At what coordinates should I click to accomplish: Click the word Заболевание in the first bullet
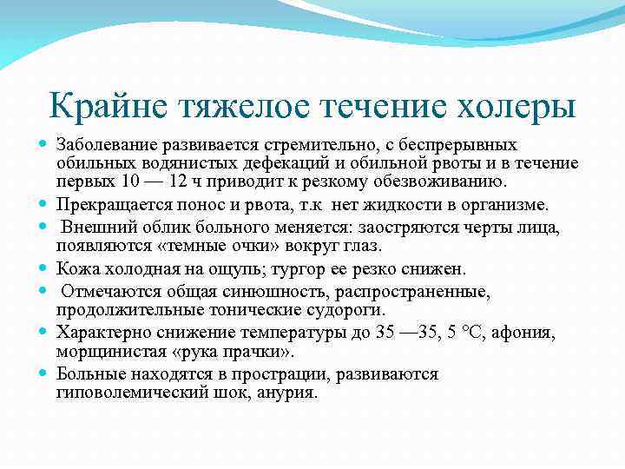point(107,143)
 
